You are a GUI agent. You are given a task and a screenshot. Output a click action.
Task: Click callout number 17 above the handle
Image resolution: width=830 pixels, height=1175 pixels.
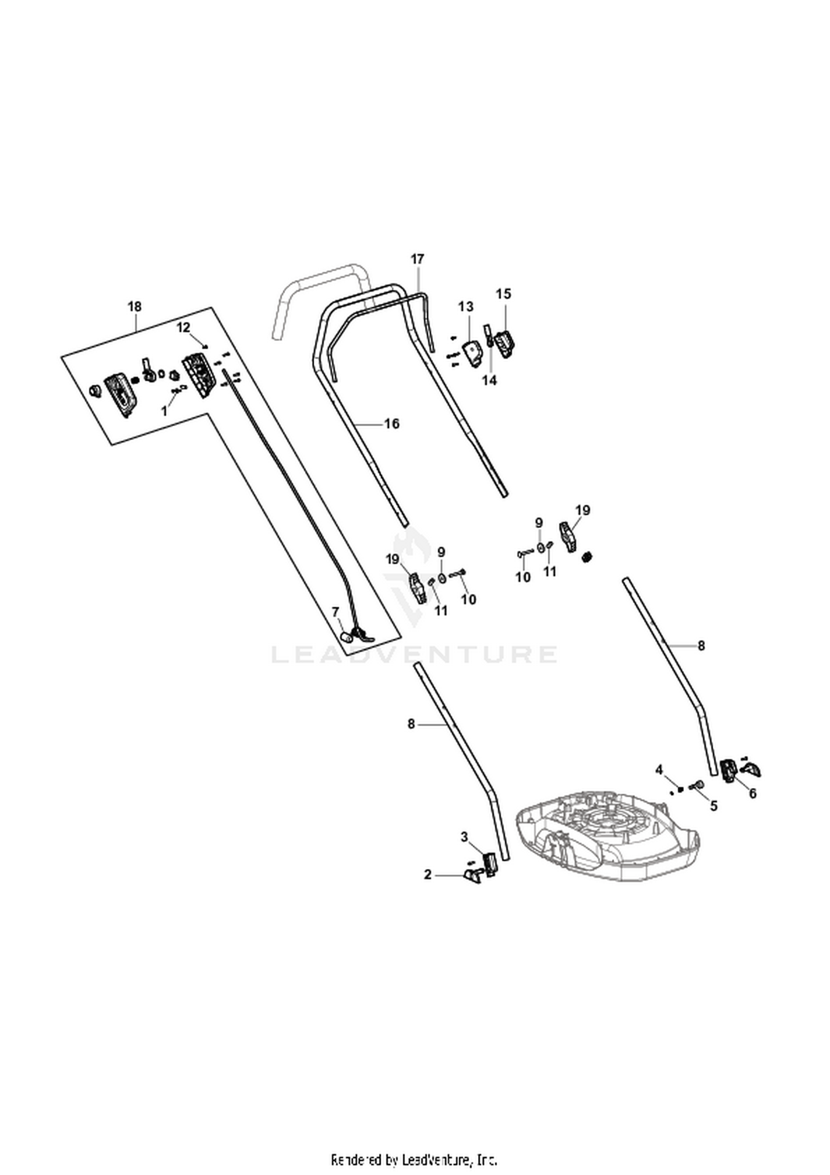(417, 259)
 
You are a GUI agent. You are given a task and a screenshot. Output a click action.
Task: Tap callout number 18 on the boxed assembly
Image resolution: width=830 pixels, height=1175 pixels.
(134, 306)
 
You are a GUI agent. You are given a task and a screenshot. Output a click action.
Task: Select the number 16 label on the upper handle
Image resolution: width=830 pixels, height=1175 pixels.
(392, 424)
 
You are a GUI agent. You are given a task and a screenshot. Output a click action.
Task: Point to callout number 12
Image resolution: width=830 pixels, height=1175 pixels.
(183, 327)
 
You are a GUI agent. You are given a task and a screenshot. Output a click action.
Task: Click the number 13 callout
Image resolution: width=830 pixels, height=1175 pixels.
(466, 306)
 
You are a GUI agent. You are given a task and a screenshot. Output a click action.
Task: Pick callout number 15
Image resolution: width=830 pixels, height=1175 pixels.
(504, 294)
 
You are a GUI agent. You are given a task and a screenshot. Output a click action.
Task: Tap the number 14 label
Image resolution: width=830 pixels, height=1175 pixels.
(489, 381)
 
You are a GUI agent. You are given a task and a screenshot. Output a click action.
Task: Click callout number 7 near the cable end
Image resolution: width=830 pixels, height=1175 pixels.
(335, 612)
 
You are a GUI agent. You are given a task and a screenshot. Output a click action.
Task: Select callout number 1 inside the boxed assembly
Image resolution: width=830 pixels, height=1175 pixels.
(163, 412)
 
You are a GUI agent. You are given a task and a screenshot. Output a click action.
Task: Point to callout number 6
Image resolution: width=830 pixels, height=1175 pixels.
(753, 794)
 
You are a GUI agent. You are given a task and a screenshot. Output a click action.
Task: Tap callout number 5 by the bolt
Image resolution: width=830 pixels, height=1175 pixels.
(714, 806)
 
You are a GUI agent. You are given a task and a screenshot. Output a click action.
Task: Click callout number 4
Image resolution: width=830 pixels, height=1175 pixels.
(659, 769)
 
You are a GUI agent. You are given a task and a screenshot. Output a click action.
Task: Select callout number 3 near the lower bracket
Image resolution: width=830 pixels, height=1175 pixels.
(465, 836)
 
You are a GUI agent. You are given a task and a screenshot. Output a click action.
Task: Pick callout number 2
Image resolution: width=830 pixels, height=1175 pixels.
(427, 875)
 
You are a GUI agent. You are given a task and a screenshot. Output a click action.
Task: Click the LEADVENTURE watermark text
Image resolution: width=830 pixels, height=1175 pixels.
(414, 654)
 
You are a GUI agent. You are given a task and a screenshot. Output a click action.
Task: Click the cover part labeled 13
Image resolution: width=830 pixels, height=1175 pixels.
(471, 353)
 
